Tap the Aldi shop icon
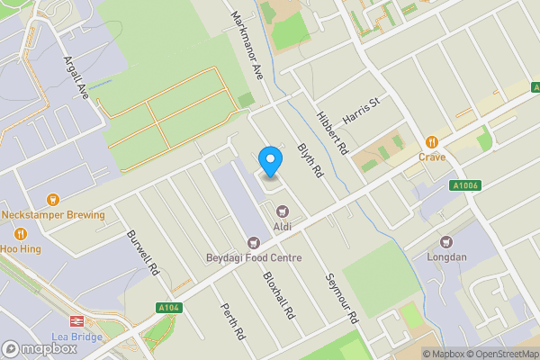[281, 211]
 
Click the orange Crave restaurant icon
[432, 141]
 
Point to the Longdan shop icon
[445, 241]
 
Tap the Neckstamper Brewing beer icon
[52, 199]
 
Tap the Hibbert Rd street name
[331, 133]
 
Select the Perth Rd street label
[232, 320]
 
